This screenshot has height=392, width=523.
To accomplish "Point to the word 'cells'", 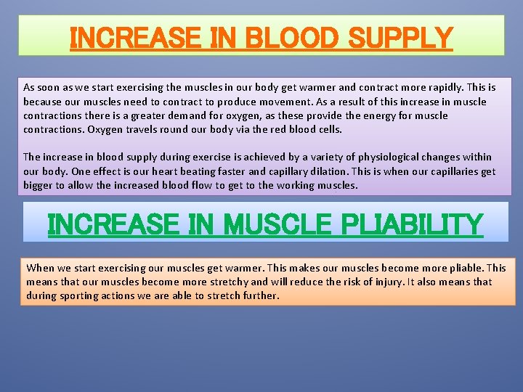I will pos(327,129).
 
